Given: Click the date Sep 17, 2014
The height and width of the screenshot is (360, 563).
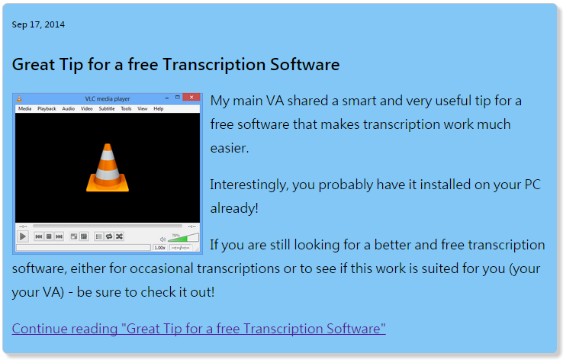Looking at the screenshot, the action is tap(38, 24).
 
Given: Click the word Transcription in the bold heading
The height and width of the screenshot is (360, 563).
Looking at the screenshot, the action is tap(214, 65).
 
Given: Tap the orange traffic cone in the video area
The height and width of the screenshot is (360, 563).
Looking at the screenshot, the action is tap(108, 168).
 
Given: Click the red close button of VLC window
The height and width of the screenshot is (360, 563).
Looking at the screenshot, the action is tap(191, 98).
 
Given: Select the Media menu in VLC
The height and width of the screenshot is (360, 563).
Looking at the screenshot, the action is tap(24, 109).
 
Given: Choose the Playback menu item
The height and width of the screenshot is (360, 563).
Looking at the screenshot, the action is tap(47, 109).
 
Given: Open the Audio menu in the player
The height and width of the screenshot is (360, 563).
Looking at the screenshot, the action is tap(68, 109).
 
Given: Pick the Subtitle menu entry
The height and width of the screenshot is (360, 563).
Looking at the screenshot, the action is tap(107, 109).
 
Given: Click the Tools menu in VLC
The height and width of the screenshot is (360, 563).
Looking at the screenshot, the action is tap(126, 109).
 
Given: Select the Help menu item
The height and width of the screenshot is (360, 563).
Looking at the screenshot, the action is tap(159, 109).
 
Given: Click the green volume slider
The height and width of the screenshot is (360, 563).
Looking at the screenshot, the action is tap(183, 238).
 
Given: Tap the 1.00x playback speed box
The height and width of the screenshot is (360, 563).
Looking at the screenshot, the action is tap(159, 248).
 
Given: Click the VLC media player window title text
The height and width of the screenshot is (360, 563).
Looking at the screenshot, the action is tap(108, 98).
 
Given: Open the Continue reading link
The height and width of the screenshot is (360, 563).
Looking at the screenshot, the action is tap(198, 329).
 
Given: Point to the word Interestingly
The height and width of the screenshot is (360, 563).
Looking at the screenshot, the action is tap(249, 185).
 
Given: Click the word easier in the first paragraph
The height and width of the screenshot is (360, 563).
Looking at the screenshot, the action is tap(230, 148).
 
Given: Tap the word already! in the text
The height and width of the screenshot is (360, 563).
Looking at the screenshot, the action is tap(234, 208).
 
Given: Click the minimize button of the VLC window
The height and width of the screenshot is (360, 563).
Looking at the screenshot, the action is tap(167, 98).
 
